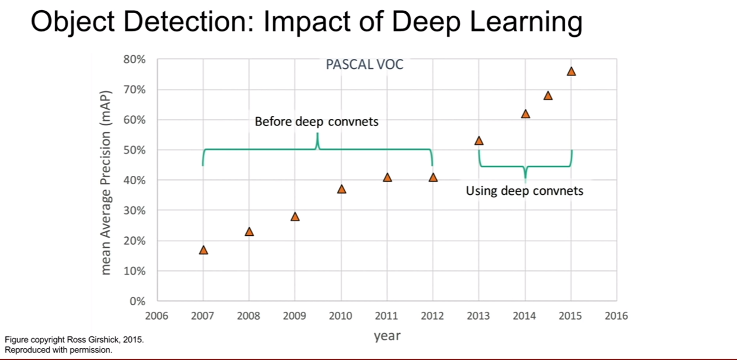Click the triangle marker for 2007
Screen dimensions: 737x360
[203, 250]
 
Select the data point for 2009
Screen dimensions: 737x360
[295, 216]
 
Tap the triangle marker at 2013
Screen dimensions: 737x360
[479, 141]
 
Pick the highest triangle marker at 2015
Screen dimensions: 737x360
[571, 71]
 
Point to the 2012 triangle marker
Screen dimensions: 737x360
[433, 178]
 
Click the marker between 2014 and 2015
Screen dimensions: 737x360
[548, 96]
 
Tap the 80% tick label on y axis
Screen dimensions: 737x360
[134, 59]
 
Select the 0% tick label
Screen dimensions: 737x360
[137, 301]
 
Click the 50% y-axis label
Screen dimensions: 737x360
[134, 150]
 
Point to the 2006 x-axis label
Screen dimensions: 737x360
[157, 316]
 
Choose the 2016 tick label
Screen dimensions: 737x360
[616, 316]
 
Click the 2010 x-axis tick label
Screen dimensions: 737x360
[341, 316]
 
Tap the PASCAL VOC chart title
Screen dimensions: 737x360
[364, 64]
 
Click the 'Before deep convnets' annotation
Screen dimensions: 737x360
[317, 122]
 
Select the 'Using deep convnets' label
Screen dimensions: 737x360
[524, 191]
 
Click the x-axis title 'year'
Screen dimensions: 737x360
[387, 336]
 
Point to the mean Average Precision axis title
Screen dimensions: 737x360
[106, 183]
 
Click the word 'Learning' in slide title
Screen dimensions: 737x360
[527, 22]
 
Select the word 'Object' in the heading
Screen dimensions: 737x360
[73, 22]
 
